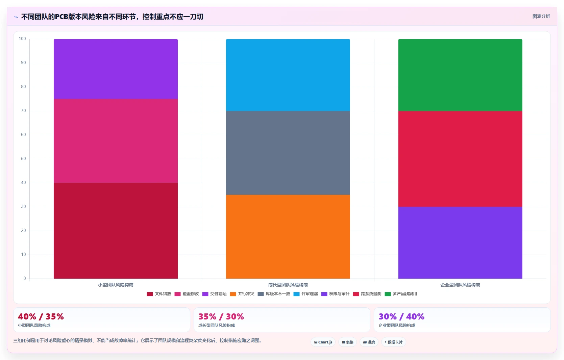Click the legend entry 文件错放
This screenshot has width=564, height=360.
coord(159,294)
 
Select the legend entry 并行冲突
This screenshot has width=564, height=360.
coord(242,294)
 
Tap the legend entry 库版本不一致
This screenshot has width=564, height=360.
coord(274,294)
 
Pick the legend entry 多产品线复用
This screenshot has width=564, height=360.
coord(401,294)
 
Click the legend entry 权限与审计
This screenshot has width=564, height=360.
coord(335,294)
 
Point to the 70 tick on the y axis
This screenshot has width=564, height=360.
coord(23,111)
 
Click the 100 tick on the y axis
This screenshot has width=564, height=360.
coord(22,39)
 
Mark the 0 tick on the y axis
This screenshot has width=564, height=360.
coord(25,279)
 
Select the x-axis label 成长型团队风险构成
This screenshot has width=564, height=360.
coord(288,285)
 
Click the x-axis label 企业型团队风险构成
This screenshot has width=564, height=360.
coord(460,285)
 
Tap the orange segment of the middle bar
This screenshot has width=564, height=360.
coord(288,237)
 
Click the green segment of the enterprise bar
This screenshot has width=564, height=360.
coord(460,75)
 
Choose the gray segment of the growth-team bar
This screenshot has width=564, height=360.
coord(288,153)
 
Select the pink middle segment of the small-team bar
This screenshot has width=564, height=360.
coord(116,141)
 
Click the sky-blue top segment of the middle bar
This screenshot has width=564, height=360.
coord(288,75)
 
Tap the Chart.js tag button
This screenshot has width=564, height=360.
coord(323,342)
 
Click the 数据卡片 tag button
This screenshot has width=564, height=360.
coord(394,342)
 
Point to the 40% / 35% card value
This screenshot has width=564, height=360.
coord(41,316)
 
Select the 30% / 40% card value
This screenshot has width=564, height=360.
coord(401,316)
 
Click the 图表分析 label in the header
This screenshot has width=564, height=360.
coord(541,16)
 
